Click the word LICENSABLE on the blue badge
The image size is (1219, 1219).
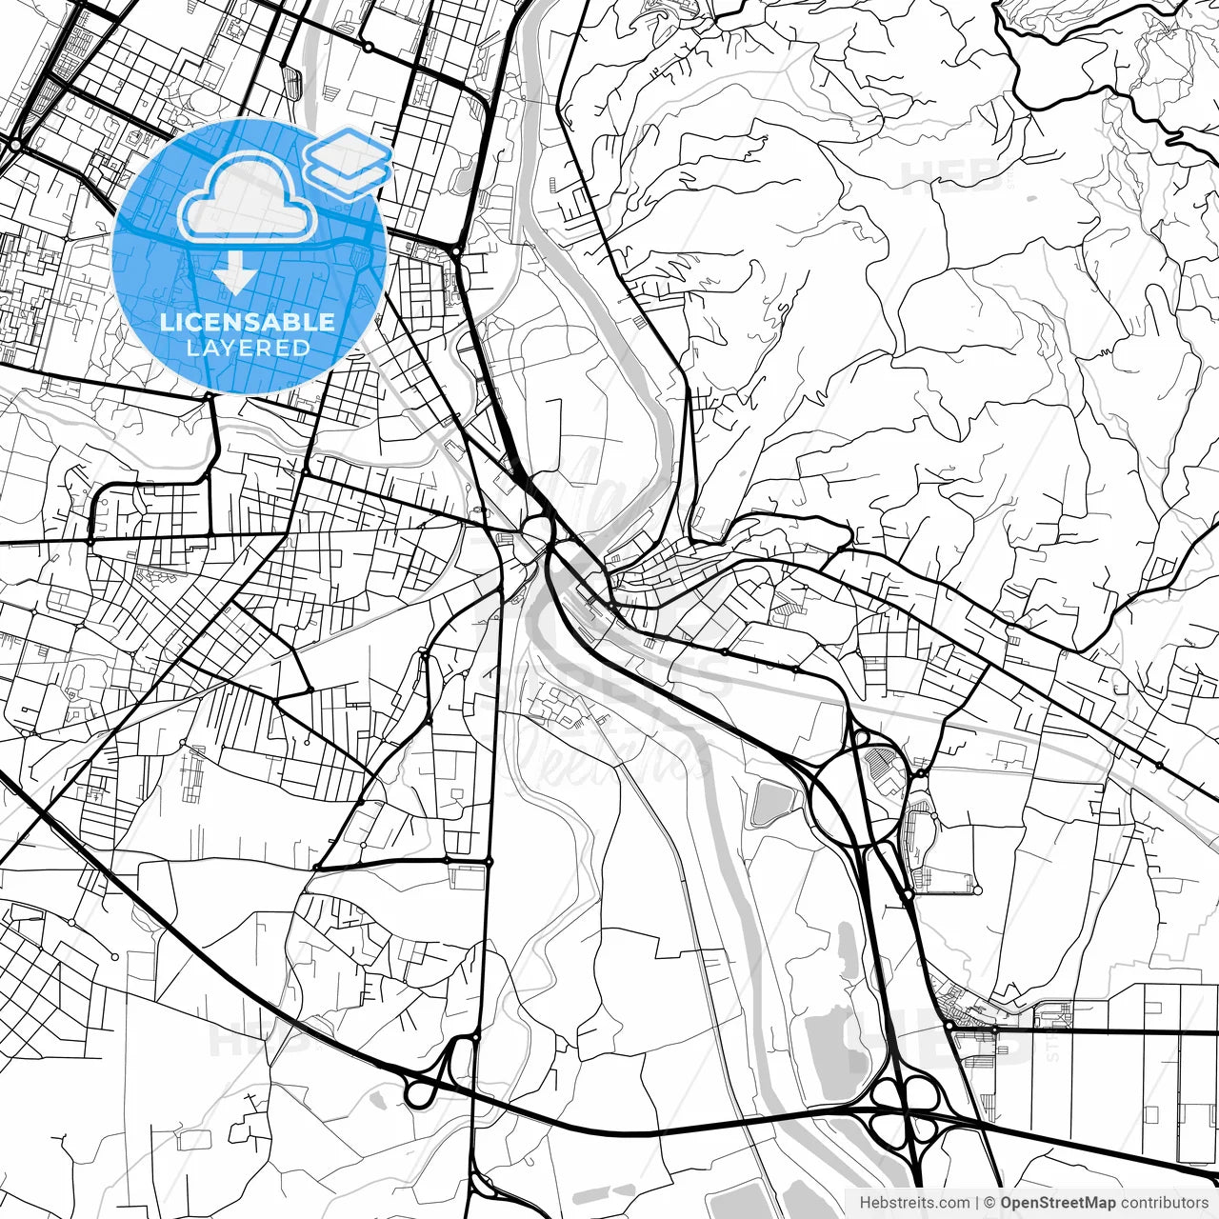248,322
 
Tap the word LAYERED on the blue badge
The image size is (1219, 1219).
248,348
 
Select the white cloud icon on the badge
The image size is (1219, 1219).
248,198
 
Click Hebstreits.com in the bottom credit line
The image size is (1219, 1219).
915,1203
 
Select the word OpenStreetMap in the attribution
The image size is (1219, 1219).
1058,1203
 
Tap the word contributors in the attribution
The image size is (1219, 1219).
1164,1203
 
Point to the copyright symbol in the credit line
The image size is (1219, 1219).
989,1203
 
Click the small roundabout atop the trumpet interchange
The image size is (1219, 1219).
474,1037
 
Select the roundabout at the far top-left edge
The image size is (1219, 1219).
15,145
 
